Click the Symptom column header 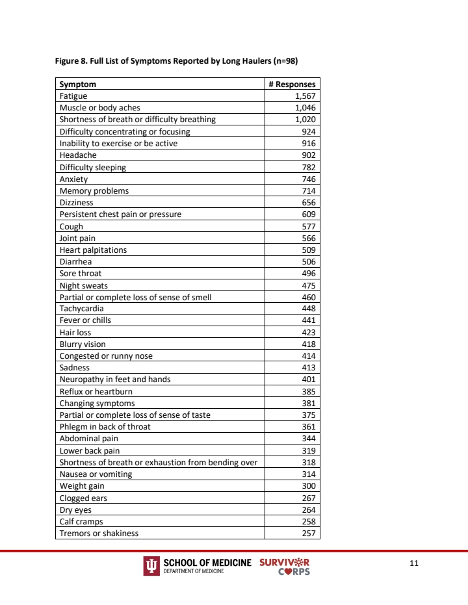point(77,84)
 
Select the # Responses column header point(292,84)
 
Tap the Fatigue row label point(73,96)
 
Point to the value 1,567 point(305,96)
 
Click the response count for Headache point(309,155)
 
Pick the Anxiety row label point(73,179)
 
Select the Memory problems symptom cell point(94,191)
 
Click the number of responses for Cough point(309,226)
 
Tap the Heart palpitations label point(93,250)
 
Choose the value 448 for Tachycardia point(309,309)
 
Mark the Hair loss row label point(75,333)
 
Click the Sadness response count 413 point(309,368)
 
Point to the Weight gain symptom point(82,486)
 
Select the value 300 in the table point(309,486)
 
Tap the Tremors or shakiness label point(99,534)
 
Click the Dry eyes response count point(309,510)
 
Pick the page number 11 point(414,563)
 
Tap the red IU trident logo point(151,566)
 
